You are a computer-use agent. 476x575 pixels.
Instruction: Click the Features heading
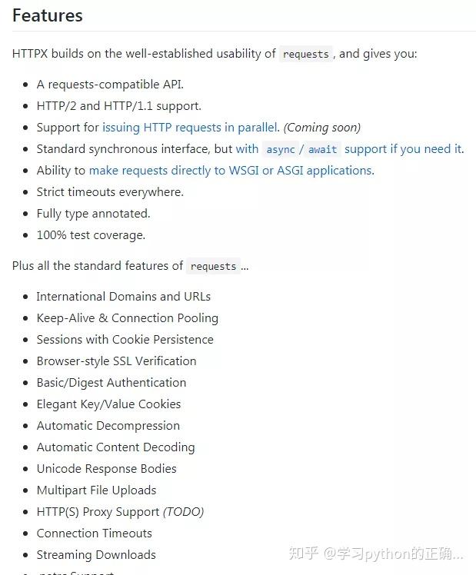48,15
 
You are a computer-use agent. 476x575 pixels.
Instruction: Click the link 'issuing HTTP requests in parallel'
189,128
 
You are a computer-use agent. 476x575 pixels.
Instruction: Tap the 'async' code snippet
281,150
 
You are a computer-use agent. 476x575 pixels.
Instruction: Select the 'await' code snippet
322,150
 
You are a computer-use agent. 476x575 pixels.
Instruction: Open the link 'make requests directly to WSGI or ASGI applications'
230,171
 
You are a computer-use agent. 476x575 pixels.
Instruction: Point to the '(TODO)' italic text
183,512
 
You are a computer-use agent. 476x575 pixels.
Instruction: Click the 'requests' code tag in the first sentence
305,55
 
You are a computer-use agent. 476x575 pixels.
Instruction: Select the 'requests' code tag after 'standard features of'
213,267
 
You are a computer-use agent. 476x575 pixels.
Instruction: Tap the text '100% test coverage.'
91,235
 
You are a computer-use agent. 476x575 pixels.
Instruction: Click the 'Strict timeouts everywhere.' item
110,192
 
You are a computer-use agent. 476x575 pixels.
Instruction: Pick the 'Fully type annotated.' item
93,214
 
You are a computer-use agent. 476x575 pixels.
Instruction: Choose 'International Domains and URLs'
123,297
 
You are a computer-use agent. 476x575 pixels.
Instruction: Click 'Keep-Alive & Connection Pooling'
127,318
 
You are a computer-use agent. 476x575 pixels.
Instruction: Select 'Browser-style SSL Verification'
116,361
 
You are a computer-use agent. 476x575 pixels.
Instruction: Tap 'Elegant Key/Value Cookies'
108,404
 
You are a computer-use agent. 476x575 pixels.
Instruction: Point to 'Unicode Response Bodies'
106,469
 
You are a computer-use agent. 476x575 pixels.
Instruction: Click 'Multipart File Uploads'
96,490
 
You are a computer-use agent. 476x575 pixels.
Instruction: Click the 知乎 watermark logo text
302,553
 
